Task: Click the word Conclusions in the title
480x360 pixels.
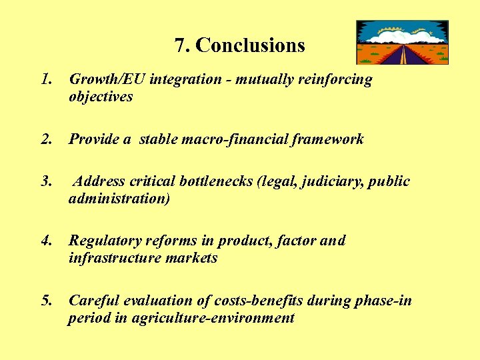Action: pyautogui.click(x=251, y=45)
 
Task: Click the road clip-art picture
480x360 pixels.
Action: pyautogui.click(x=402, y=42)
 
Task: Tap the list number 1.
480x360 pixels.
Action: pyautogui.click(x=46, y=79)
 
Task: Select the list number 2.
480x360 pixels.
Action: pyautogui.click(x=46, y=139)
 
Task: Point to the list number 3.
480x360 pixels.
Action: pyautogui.click(x=46, y=181)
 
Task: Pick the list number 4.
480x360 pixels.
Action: pyautogui.click(x=46, y=241)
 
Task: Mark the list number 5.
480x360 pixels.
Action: pyautogui.click(x=46, y=301)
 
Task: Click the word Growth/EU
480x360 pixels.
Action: pyautogui.click(x=107, y=79)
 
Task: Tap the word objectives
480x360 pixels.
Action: pyautogui.click(x=101, y=97)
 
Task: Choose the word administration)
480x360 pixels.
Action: pyautogui.click(x=119, y=199)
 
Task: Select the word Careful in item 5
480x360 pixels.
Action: pyautogui.click(x=93, y=301)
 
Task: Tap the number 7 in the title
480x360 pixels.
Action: pyautogui.click(x=180, y=45)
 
